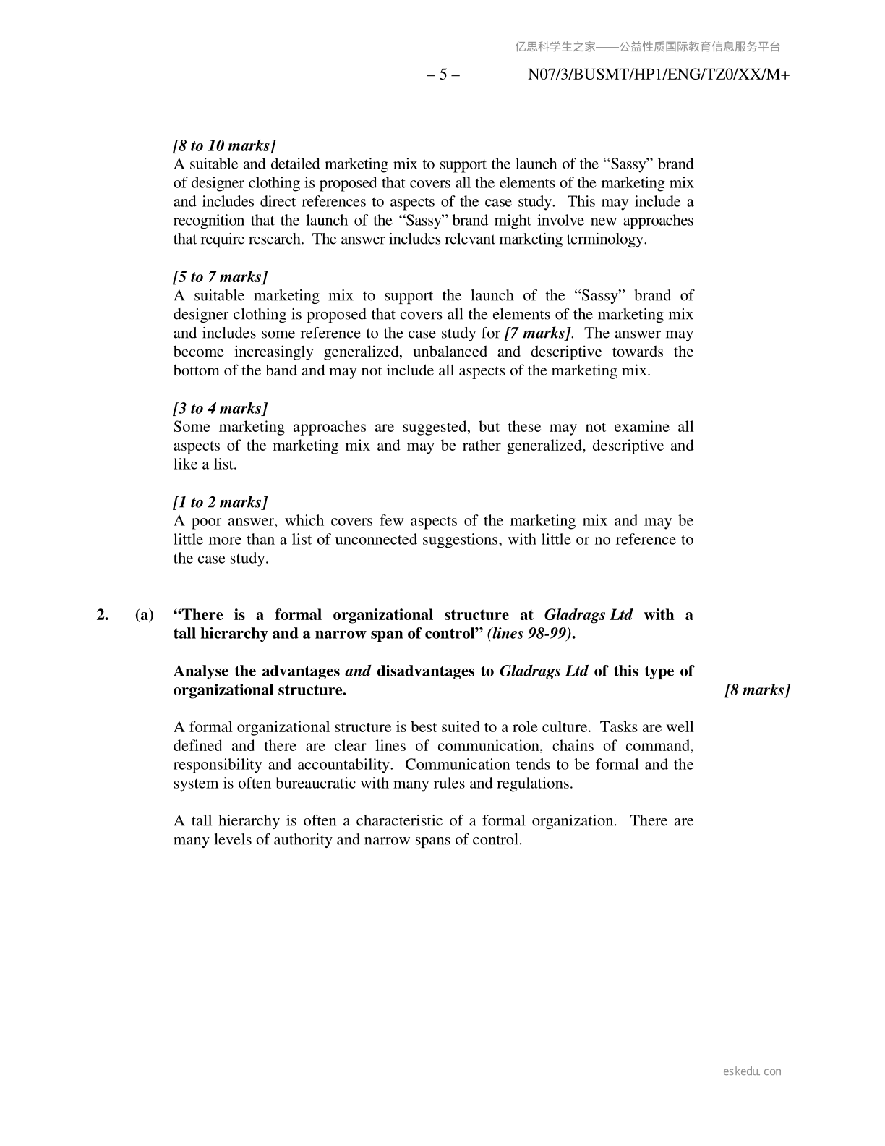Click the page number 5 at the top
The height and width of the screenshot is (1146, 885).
tap(443, 75)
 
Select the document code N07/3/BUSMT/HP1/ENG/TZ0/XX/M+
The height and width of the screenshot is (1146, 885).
tap(659, 75)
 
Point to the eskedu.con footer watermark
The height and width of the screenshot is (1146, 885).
tap(752, 1071)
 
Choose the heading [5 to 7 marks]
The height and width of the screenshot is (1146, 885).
tap(221, 277)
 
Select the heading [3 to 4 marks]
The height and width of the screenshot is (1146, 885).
tap(221, 409)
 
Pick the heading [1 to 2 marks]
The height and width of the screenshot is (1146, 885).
tap(221, 503)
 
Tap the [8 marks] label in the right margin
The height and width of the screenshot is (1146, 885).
tap(757, 690)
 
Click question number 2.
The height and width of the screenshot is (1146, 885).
tap(103, 615)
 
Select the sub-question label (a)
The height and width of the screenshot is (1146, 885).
tap(145, 615)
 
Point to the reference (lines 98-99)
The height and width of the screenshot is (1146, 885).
tap(531, 634)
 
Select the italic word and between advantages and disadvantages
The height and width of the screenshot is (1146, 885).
tap(358, 671)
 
